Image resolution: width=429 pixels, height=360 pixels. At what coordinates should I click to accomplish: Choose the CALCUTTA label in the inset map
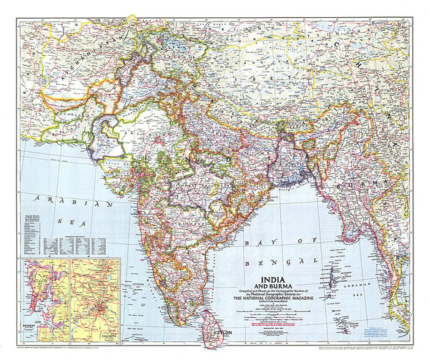tap(89, 333)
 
